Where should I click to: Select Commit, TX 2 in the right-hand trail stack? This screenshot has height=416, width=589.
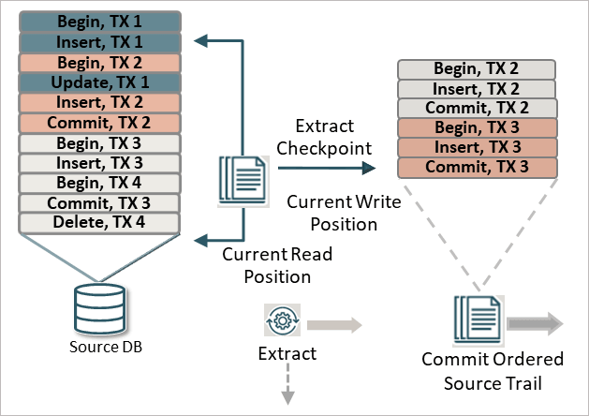click(478, 108)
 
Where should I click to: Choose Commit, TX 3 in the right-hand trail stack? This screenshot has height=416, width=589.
click(478, 168)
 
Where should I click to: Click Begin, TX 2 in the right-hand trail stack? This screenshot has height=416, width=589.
click(478, 68)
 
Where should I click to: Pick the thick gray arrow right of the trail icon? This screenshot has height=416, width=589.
click(535, 323)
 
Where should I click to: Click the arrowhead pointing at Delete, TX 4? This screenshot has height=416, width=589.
click(199, 241)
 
